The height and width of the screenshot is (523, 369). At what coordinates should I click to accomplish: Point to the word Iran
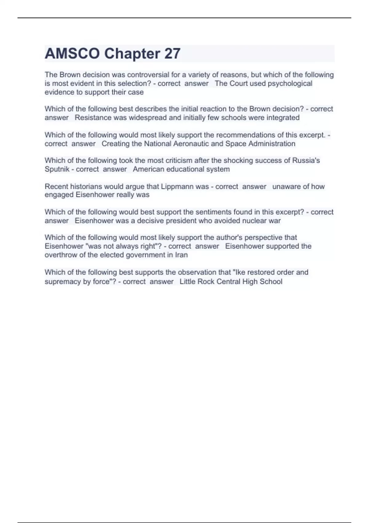182,255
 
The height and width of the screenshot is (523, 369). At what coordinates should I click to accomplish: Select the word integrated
282,118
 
